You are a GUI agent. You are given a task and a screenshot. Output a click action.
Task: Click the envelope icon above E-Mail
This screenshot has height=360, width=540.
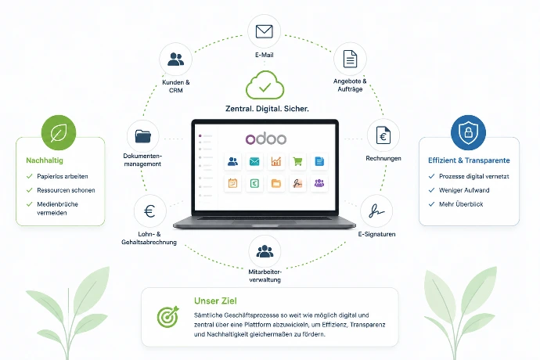coord(265,31)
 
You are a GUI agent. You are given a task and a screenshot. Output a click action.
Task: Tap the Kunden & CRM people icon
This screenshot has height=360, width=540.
coord(175,59)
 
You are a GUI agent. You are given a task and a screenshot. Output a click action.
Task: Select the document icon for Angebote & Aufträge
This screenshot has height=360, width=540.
coord(350,59)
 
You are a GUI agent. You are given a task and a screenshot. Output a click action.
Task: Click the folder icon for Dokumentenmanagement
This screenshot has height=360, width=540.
coord(143,136)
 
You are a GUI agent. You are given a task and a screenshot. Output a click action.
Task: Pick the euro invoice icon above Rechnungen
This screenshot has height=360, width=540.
coord(383,135)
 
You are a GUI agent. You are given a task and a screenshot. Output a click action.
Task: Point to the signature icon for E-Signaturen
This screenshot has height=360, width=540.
coord(376,211)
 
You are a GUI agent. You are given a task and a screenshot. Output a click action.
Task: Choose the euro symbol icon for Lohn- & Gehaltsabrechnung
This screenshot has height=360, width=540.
coord(149,211)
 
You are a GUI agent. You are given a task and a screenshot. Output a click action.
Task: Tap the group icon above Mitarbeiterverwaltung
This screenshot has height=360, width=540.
coord(265,251)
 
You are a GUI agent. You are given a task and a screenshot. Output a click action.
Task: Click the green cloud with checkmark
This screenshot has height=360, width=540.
coord(265,85)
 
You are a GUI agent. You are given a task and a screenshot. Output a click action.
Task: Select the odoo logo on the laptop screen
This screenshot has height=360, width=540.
coord(266,139)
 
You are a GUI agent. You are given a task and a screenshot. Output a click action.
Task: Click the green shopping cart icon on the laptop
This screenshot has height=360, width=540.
coord(297,161)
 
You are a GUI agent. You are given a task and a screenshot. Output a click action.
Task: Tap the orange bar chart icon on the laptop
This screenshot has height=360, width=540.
coord(275,161)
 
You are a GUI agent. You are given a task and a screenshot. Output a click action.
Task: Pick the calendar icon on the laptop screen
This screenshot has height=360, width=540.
coord(232,183)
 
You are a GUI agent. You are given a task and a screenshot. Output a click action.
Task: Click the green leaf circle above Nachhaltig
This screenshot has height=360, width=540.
coord(59,132)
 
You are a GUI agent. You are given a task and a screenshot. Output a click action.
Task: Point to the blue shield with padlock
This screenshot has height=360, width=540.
coord(468,132)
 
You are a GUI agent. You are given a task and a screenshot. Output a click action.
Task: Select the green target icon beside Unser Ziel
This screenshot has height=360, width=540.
coord(168,317)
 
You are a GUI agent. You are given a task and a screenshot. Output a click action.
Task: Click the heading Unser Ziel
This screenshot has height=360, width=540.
coord(215,301)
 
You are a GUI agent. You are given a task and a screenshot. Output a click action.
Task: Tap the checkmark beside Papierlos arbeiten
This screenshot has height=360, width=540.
coord(29,176)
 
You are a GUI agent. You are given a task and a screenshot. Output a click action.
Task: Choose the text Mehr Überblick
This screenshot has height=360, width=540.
coord(461,204)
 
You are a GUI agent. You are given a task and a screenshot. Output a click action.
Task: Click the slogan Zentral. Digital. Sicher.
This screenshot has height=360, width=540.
coord(267,109)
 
